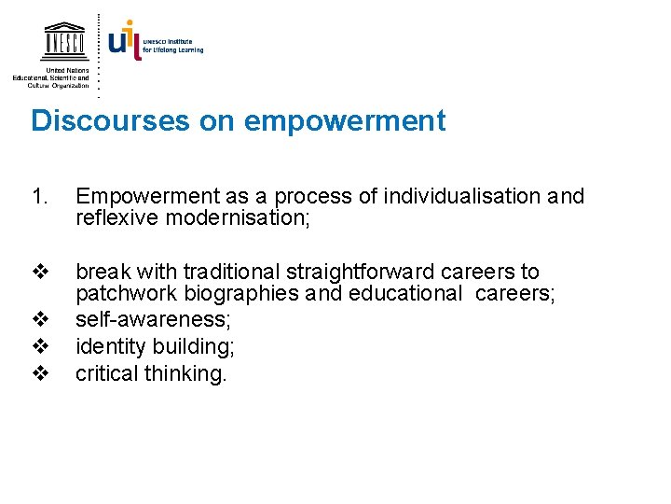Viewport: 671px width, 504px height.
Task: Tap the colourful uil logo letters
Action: point(124,41)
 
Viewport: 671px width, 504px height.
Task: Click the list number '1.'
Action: point(38,197)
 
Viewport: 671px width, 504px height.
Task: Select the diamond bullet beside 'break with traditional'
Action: point(39,273)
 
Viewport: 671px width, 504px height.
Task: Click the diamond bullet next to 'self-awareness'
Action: point(39,320)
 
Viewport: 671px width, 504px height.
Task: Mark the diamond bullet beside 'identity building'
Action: point(39,347)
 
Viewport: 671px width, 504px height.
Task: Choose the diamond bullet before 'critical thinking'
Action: point(39,374)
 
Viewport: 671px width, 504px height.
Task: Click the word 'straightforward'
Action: point(346,273)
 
